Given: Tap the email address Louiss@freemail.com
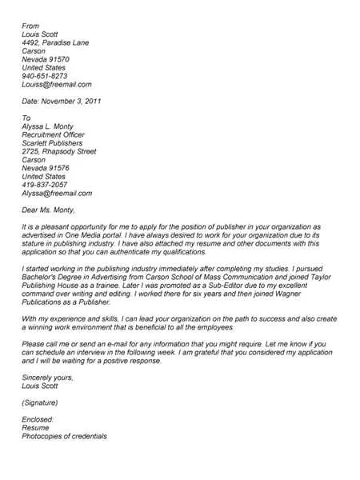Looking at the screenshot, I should [57, 83].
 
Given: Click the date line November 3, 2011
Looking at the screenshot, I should [62, 102].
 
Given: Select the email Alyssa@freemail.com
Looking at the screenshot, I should [57, 194].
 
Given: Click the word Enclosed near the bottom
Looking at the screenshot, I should [38, 419].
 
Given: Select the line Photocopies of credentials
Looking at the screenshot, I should [65, 437].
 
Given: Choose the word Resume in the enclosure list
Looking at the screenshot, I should [36, 428].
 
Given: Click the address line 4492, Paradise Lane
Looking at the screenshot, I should [55, 44].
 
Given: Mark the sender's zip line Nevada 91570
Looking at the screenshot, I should [46, 58].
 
